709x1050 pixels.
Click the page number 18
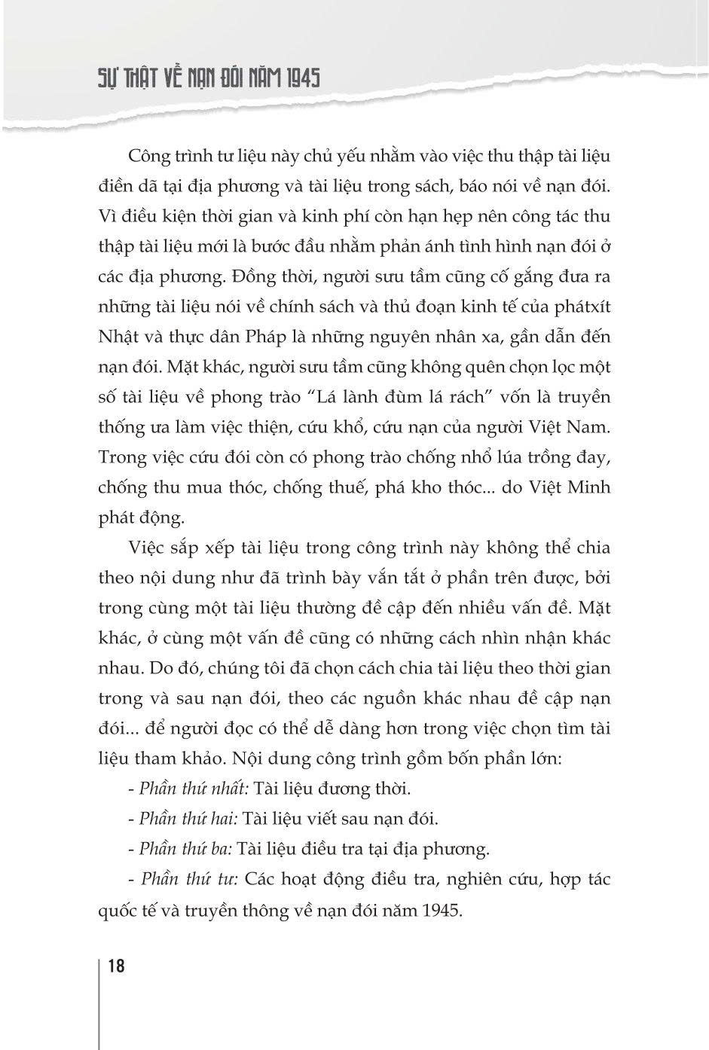pyautogui.click(x=116, y=966)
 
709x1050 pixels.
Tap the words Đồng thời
pyautogui.click(x=304, y=276)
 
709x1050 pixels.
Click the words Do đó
pyautogui.click(x=162, y=668)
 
